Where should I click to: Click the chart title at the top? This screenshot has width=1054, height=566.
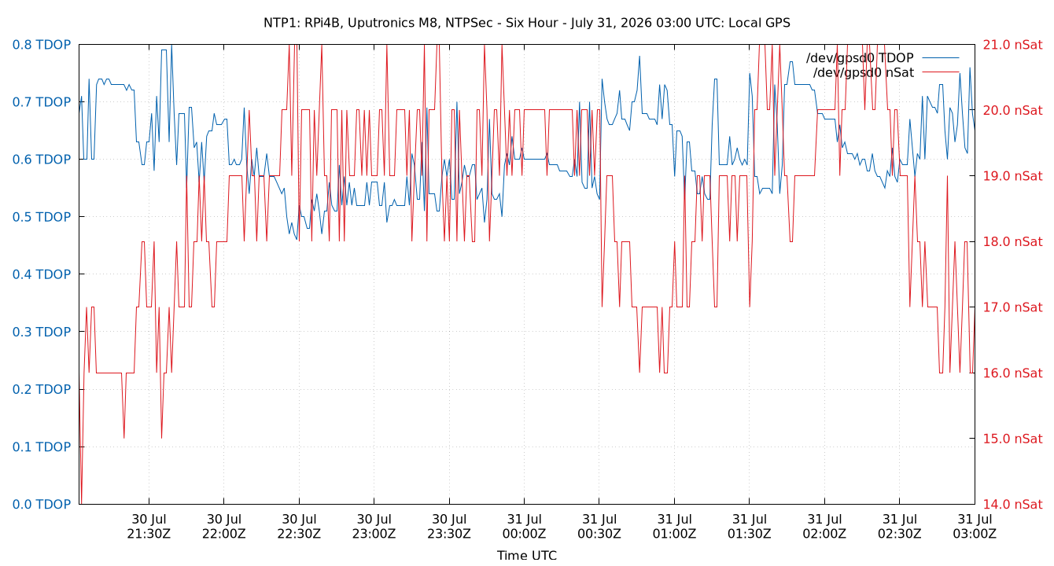coord(526,23)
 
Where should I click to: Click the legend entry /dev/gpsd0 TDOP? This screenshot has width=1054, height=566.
coord(860,58)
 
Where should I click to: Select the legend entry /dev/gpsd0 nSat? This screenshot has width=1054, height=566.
coord(864,73)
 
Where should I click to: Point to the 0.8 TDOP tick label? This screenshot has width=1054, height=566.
coord(42,45)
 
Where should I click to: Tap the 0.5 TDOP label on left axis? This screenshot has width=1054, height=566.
coord(42,217)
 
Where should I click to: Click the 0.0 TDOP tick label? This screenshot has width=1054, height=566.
coord(42,505)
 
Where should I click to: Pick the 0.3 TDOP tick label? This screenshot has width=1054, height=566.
coord(42,332)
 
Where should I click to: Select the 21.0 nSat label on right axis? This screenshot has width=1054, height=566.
coord(1012,45)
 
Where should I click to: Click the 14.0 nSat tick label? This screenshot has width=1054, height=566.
coord(1012,505)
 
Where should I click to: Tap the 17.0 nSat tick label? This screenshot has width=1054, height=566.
coord(1012,307)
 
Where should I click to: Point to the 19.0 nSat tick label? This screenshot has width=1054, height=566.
coord(1012,176)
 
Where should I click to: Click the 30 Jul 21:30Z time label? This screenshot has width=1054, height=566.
coord(149,527)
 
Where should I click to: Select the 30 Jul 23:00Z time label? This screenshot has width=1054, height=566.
coord(374,527)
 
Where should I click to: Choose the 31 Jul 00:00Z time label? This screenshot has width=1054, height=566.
coord(524,527)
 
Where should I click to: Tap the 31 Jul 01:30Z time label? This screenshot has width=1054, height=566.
coord(750,527)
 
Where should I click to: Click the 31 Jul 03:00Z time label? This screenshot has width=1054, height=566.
coord(975,527)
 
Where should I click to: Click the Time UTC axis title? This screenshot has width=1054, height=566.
coord(526,556)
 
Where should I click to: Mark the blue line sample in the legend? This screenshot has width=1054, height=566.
coord(941,58)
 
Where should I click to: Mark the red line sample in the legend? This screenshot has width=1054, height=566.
coord(941,72)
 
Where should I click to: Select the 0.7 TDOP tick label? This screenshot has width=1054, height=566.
coord(42,102)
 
